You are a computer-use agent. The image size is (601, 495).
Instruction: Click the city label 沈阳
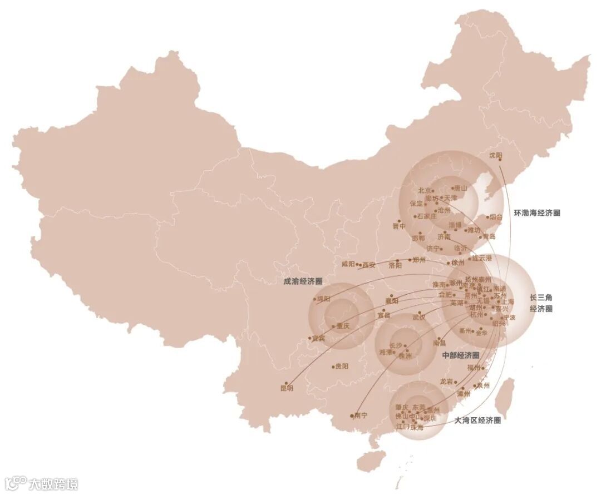coord(495,155)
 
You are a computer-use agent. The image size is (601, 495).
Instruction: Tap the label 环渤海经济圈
coord(536,212)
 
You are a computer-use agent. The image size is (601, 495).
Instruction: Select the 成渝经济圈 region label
coord(303,282)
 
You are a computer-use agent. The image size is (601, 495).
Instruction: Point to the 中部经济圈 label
coord(460,355)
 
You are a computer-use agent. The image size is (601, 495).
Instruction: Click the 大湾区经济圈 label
coord(477,420)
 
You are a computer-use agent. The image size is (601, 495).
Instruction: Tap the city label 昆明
coord(287,389)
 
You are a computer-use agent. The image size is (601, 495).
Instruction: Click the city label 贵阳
coord(341,367)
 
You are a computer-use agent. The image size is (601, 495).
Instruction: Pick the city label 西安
coord(369,265)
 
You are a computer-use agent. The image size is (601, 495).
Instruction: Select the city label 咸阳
coord(348,265)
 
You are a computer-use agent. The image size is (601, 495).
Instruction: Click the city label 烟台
coord(495,217)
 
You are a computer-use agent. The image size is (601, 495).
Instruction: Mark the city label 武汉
coord(418,318)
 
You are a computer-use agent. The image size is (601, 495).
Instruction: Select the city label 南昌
coord(440,343)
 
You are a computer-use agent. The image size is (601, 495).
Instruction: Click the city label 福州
coord(474,368)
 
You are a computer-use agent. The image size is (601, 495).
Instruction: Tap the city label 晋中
coord(399,226)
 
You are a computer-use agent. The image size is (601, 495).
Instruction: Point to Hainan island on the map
coord(371,459)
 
